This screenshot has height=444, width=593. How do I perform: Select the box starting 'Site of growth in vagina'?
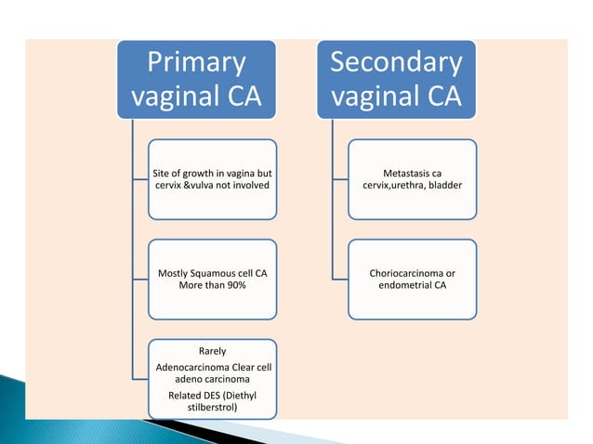213,179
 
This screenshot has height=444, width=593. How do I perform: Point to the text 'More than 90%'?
213,288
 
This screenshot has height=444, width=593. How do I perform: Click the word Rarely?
213,351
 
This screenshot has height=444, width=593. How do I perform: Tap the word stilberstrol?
213,407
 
